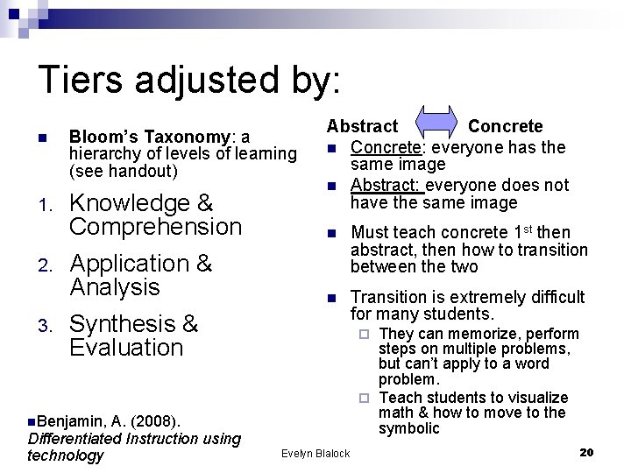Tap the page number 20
point(587,452)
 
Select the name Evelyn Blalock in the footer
point(315,453)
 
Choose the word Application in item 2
point(128,264)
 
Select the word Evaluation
point(126,347)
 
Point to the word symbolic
point(408,428)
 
